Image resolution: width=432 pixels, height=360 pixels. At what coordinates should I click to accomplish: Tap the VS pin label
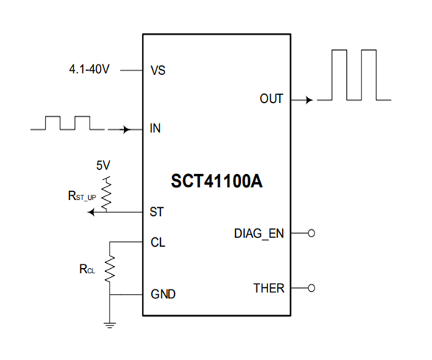pos(157,71)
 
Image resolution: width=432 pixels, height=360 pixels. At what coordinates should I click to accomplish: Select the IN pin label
pos(155,129)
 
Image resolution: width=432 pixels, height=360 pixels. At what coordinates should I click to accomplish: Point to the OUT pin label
pos(271,98)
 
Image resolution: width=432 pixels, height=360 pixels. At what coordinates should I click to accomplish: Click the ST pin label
pos(156,213)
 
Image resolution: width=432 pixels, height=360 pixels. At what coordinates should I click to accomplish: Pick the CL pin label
pos(157,240)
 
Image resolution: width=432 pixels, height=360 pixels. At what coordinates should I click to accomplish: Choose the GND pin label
pos(163,295)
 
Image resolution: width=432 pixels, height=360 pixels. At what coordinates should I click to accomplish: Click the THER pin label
pos(268,288)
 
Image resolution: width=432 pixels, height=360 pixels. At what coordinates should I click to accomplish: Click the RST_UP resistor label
pos(79,196)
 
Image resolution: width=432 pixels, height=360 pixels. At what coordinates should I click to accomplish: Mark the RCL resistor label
pos(87,270)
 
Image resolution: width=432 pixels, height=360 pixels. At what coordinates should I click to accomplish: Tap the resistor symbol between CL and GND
pos(110,268)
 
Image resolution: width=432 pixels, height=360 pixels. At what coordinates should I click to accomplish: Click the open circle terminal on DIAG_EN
pos(311,234)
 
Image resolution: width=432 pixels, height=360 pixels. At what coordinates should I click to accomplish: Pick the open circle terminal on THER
pos(311,288)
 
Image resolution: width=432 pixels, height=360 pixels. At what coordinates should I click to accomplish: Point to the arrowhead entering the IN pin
pos(127,129)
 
